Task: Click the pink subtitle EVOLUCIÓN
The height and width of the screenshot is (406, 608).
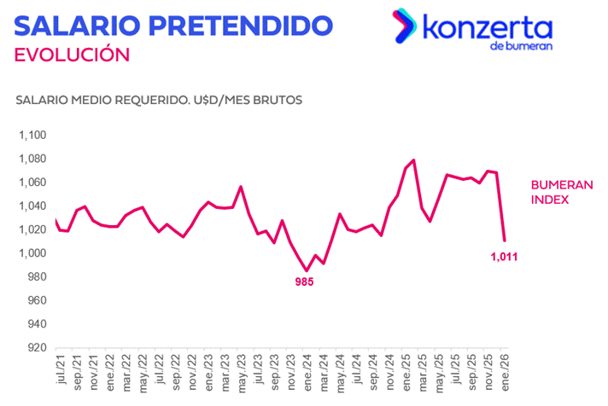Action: [73, 55]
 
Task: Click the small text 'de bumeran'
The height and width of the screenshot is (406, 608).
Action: [522, 46]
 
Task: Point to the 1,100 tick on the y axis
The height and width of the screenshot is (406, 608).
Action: [32, 136]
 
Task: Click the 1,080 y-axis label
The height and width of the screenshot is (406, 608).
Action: [32, 159]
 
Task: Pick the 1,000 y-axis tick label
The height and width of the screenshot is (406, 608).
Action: [32, 253]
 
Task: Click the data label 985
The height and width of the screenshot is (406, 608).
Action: [305, 281]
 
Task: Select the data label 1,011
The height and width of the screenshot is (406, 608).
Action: [504, 255]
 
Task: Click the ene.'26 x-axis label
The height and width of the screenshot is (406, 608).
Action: [504, 375]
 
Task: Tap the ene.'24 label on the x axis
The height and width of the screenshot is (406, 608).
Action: [307, 375]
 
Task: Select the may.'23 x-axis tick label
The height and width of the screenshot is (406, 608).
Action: [241, 375]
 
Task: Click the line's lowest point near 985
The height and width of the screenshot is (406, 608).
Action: [307, 270]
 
